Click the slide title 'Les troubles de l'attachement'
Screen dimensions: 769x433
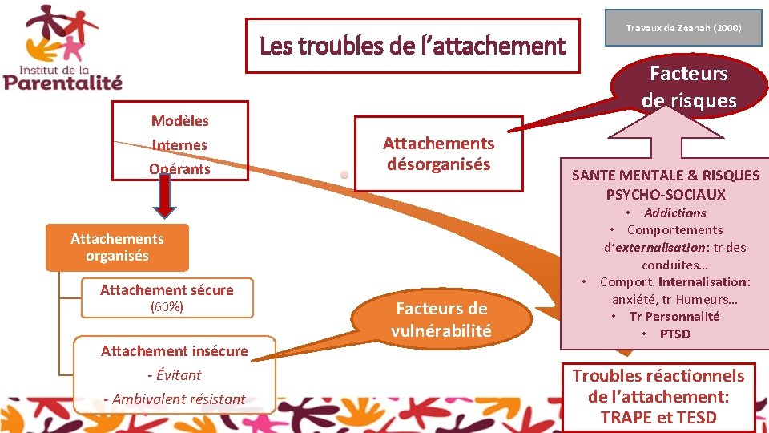(x=413, y=47)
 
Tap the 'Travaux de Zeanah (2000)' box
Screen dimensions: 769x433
(x=683, y=28)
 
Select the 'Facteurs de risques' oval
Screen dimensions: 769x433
(x=688, y=86)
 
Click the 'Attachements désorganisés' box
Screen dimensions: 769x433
(x=438, y=154)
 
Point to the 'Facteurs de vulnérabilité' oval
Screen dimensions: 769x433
(x=441, y=319)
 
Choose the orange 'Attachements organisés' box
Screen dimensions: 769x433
(x=117, y=247)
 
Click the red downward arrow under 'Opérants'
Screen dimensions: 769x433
(x=163, y=196)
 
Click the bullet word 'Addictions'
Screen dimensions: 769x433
(x=674, y=212)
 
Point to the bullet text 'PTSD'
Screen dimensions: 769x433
(x=674, y=334)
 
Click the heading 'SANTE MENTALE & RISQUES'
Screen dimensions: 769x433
(x=665, y=176)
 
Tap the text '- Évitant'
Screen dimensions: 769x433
(x=174, y=374)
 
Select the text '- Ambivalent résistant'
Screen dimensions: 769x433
(x=174, y=399)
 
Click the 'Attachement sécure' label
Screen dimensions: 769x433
(x=167, y=290)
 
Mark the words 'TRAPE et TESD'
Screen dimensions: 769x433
(x=658, y=417)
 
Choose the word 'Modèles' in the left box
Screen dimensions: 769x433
(x=179, y=121)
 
